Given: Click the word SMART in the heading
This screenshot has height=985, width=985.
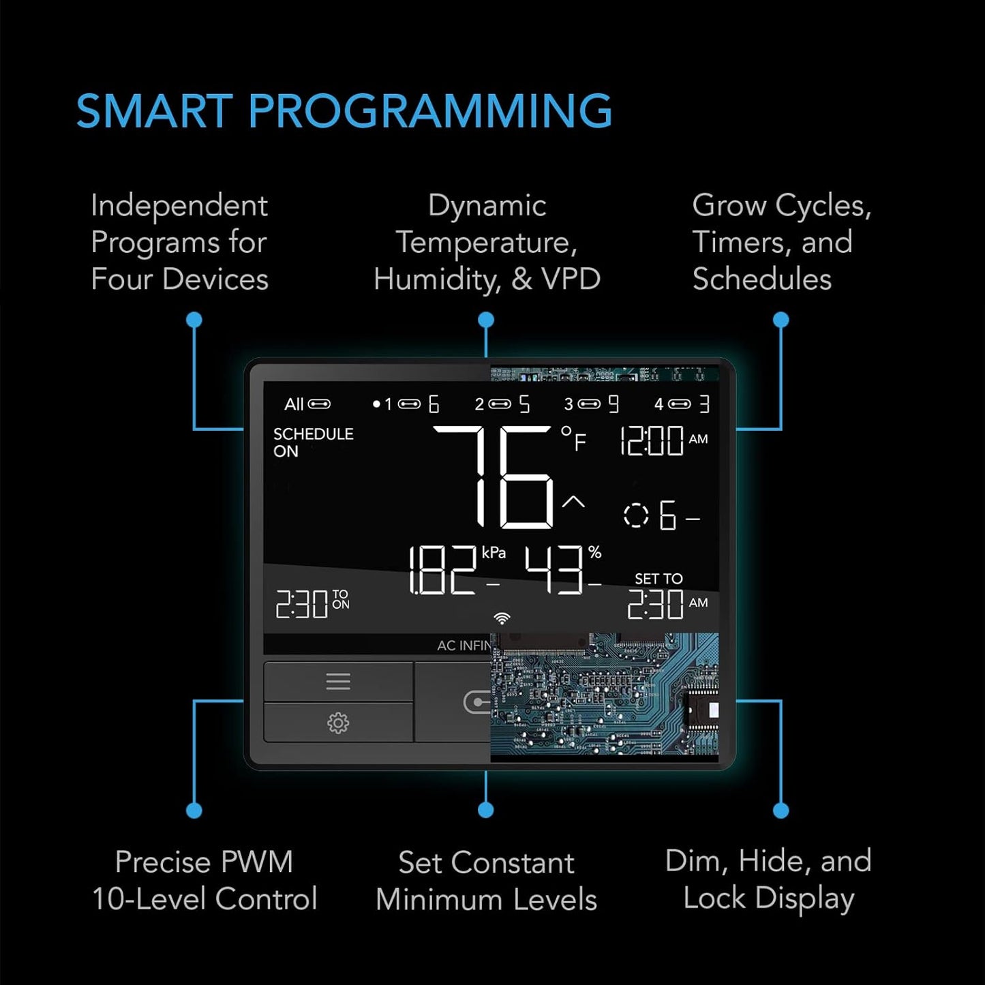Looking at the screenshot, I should pyautogui.click(x=155, y=111).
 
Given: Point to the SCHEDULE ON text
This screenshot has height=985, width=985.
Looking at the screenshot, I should pyautogui.click(x=312, y=442).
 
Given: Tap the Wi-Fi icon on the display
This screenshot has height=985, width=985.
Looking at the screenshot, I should pyautogui.click(x=502, y=618).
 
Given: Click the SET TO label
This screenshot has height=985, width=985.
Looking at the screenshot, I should pyautogui.click(x=658, y=579).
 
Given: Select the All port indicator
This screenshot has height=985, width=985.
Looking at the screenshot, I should pyautogui.click(x=307, y=404).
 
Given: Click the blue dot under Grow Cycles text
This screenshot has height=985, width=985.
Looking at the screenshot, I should pyautogui.click(x=781, y=320).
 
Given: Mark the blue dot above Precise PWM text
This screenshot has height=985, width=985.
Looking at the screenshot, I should pyautogui.click(x=194, y=810).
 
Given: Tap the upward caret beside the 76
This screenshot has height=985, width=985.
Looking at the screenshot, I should pyautogui.click(x=573, y=502).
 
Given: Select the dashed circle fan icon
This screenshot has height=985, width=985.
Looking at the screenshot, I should pyautogui.click(x=636, y=515).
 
